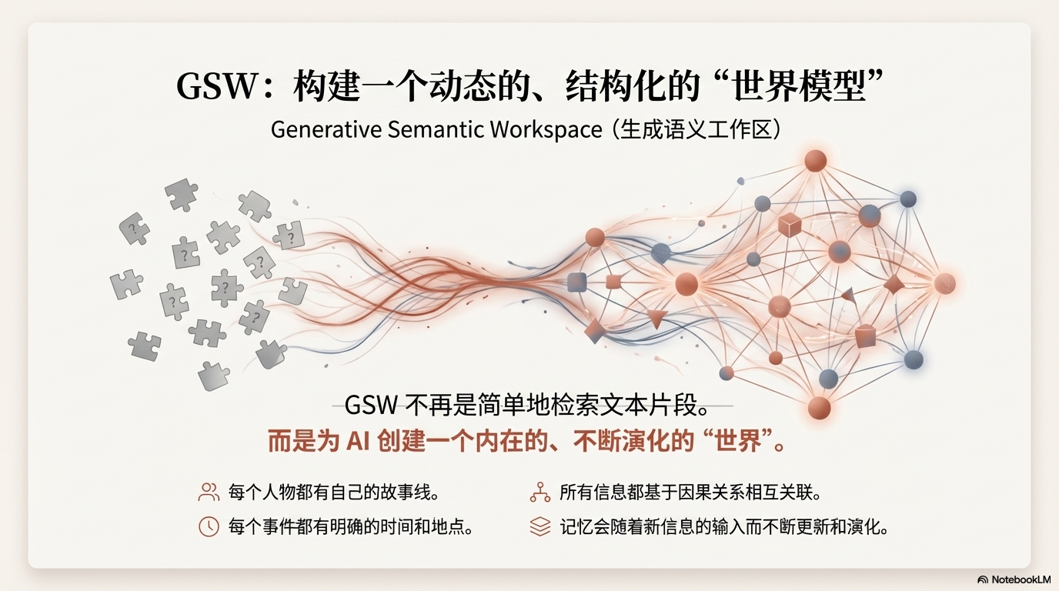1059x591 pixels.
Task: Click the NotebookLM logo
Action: (1014, 579)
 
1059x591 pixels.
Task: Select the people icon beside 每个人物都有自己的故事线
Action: (209, 492)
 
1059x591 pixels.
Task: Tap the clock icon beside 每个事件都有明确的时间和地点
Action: (209, 526)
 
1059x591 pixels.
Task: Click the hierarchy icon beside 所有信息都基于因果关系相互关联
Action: (540, 492)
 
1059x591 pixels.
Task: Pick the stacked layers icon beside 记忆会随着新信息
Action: (540, 526)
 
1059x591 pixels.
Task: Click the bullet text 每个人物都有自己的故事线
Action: (334, 492)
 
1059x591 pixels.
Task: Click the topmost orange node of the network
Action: (815, 161)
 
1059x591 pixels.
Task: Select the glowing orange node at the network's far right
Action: (944, 283)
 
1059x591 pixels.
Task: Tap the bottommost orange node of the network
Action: (819, 407)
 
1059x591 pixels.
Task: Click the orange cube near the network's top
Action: (789, 225)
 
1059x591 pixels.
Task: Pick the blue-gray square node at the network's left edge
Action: (577, 282)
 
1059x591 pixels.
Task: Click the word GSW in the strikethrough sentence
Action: (372, 405)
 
